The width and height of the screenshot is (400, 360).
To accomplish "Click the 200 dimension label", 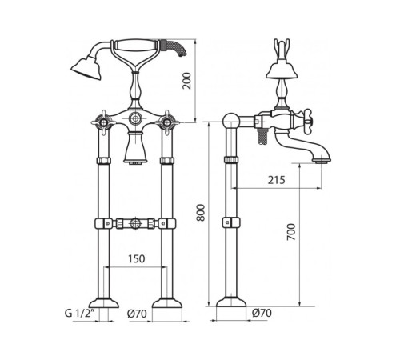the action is (187, 81).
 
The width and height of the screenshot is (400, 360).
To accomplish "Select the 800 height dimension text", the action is (201, 213).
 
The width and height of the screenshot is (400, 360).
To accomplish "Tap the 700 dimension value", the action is (291, 232).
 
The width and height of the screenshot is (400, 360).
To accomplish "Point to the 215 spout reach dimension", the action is (277, 180).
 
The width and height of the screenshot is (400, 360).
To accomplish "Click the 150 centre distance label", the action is (137, 258).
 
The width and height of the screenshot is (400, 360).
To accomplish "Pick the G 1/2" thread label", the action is (80, 313).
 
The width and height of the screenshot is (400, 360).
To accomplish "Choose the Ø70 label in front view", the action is (137, 314).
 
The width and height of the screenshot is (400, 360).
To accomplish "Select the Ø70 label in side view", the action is (262, 313).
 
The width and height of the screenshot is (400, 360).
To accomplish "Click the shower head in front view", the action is (86, 67).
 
